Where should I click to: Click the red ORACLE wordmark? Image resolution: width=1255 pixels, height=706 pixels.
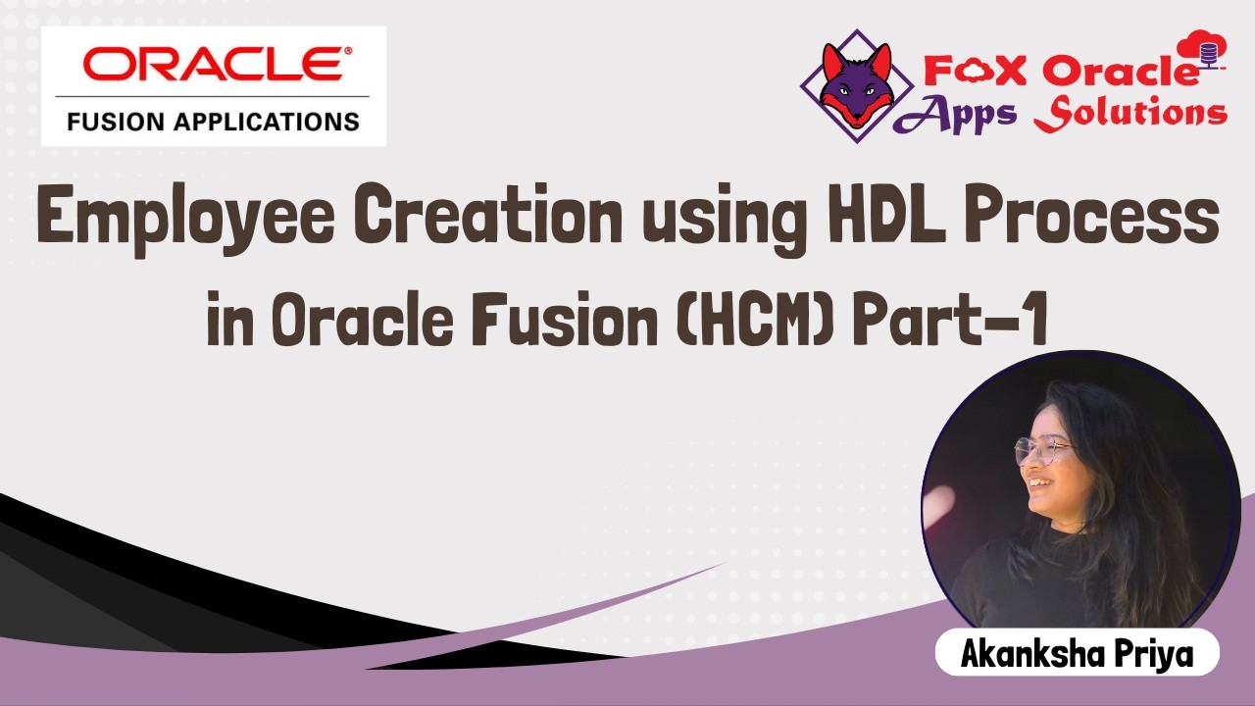tap(213, 67)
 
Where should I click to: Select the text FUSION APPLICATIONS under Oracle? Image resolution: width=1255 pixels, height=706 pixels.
tap(213, 123)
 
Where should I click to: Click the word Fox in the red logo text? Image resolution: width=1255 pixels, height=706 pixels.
tap(966, 70)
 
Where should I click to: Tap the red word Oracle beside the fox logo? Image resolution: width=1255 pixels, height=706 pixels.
tap(1119, 70)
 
